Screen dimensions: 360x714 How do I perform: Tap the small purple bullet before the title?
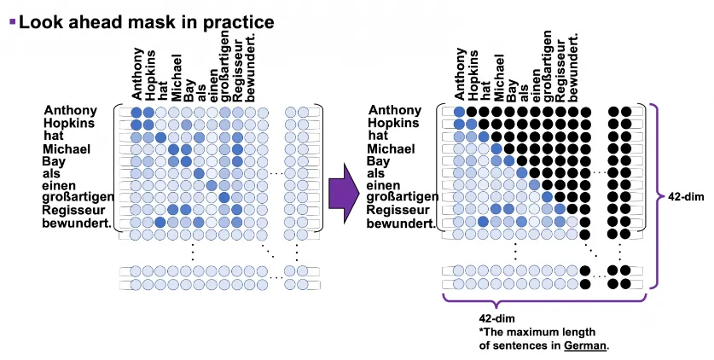(11, 20)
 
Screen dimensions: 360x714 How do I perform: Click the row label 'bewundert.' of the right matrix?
(400, 224)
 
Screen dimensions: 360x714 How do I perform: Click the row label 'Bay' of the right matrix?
(379, 161)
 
